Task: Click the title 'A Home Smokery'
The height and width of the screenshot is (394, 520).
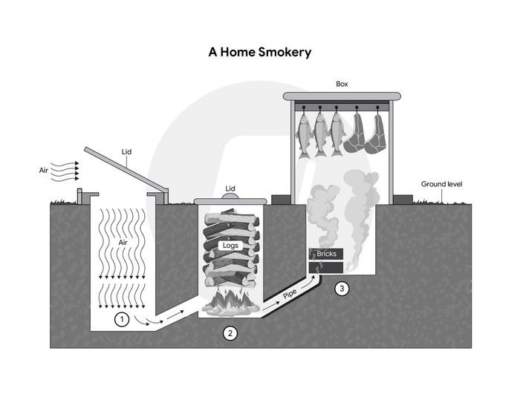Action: coord(260,53)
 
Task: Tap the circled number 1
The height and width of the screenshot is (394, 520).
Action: coord(122,320)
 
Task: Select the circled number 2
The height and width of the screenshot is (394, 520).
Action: coord(230,333)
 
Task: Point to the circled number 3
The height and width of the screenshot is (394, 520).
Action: coord(342,289)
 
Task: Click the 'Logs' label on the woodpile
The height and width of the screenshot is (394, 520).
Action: coord(230,246)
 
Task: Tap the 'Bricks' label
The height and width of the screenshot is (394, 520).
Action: coord(326,254)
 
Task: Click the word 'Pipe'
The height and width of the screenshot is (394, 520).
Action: coord(290,294)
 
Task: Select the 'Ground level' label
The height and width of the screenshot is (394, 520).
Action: coord(441,184)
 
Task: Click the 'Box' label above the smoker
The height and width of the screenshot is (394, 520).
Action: coord(342,84)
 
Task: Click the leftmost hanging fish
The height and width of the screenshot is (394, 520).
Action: coord(305,135)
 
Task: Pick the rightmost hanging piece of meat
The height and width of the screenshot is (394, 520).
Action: coord(375,134)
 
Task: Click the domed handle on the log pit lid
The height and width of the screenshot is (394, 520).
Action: coord(230,196)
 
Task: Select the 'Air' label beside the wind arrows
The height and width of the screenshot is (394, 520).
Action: coord(43,171)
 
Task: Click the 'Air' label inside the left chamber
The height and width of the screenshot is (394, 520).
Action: coord(123,242)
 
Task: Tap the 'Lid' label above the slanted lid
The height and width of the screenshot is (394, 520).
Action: coord(126,152)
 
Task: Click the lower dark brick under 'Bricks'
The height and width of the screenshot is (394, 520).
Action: coord(326,268)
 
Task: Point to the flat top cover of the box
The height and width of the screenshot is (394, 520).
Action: coord(342,96)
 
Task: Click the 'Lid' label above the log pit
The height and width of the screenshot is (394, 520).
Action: coord(230,188)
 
